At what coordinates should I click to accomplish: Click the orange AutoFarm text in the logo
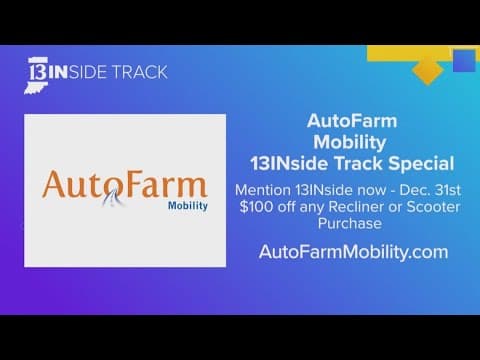click(124, 185)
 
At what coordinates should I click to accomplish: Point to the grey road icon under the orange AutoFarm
click(117, 205)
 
